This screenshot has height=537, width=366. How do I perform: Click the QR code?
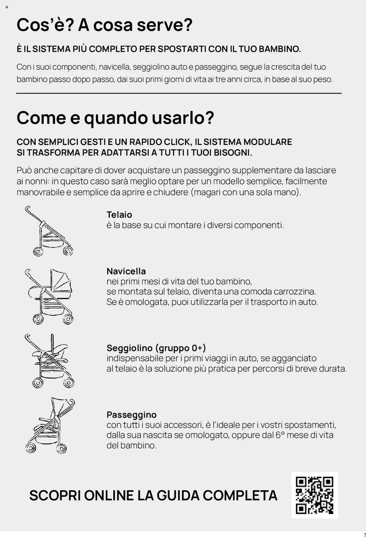point(314,495)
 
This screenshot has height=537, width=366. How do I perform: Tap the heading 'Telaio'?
point(119,215)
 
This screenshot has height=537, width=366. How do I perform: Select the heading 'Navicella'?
point(126,271)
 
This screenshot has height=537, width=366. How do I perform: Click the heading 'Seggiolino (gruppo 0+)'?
point(156,348)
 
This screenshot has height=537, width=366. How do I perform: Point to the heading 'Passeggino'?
point(132,414)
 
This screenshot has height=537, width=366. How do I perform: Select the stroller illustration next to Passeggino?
point(50,425)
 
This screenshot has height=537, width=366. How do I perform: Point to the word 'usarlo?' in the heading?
point(183,117)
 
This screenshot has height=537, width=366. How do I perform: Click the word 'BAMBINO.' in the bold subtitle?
point(280,49)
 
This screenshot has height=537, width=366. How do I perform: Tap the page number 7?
point(364,534)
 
